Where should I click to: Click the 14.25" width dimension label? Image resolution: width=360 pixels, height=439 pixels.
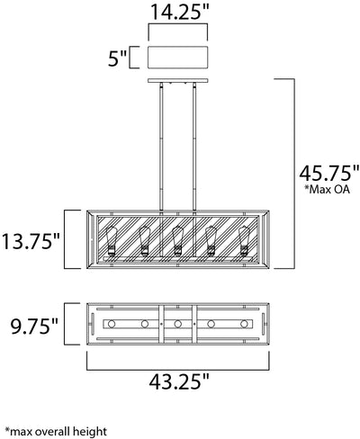[179, 12]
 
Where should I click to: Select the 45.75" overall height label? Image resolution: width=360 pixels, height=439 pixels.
[329, 173]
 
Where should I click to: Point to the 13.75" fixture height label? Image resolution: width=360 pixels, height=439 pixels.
[31, 241]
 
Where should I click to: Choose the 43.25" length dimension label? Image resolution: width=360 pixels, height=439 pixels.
[179, 381]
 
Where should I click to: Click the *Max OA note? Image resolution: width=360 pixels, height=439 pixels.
[327, 189]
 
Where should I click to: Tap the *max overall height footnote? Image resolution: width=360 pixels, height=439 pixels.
[56, 432]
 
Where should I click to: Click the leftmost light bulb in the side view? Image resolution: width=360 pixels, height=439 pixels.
[112, 241]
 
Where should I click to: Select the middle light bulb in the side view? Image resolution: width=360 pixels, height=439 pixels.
[177, 241]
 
